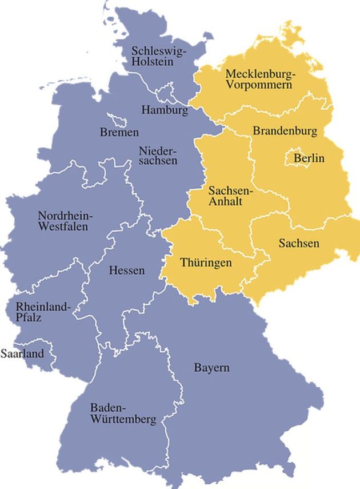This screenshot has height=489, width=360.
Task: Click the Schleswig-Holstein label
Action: coord(158,55)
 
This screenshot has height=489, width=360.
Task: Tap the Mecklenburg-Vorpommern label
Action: coord(259,79)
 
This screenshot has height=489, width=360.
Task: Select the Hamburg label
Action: coord(165,110)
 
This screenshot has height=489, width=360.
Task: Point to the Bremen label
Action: coord(119,133)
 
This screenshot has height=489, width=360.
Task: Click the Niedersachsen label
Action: coord(158,156)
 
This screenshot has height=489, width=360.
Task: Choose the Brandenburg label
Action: coord(285,131)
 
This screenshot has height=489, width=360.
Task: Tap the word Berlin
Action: coord(309,158)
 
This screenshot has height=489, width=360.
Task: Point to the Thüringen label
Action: coord(206,263)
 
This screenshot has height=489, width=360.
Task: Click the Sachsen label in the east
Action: coord(299,244)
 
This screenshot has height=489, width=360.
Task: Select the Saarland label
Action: coord(22,354)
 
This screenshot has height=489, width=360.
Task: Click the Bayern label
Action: coord(211,367)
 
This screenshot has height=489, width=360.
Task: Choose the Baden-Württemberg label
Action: coord(122,414)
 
